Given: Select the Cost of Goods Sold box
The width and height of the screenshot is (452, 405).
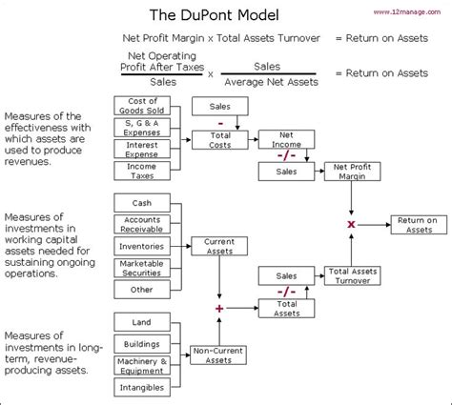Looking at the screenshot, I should [142, 106].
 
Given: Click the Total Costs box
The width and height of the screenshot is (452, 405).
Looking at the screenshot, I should [220, 142].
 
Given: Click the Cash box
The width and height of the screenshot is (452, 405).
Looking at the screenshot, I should [142, 203].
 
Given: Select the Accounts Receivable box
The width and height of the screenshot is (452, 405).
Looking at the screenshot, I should [142, 224].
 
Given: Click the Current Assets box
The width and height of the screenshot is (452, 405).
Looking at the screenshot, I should [220, 245].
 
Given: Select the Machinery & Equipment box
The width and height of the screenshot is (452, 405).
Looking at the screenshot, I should [142, 366].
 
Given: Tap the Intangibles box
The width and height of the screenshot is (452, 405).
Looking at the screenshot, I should [142, 388].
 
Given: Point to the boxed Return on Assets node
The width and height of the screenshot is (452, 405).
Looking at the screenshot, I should [417, 224].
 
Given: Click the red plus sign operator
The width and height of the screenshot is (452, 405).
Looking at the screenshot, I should [220, 309].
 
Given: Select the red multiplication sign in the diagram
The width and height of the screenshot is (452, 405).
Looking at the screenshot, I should [352, 224].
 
